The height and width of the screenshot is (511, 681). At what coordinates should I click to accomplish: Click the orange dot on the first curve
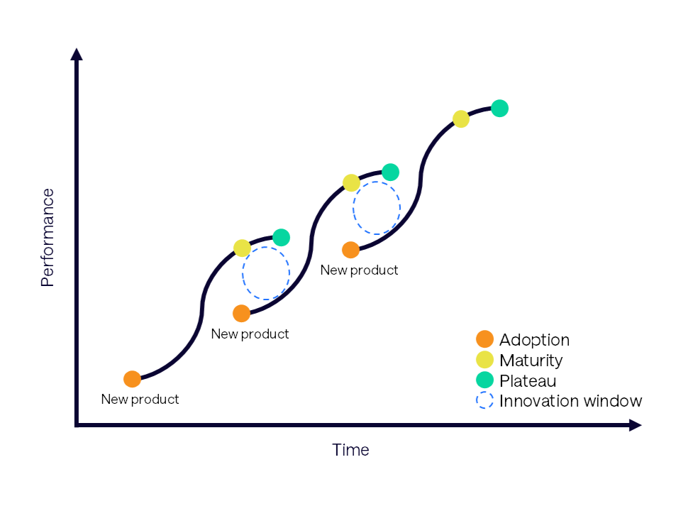coord(132,379)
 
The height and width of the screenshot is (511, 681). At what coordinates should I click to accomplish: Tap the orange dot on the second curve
coord(241,313)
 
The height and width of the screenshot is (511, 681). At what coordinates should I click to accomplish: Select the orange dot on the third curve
coord(350,250)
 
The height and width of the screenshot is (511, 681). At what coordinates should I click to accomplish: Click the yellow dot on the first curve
coord(242,248)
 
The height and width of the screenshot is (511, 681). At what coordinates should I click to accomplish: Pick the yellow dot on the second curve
coord(351,182)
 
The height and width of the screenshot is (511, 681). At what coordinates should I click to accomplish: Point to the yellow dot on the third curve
coord(461,119)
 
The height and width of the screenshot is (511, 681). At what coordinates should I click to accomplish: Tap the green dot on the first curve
coord(281,237)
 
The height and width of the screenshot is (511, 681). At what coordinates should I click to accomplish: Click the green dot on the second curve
coord(390,172)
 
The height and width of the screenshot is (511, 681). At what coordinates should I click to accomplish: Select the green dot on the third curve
coord(499,108)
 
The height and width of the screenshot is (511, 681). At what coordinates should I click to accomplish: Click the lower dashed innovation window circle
coord(243,273)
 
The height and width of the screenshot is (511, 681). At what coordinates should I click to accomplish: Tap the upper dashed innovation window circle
coord(353,208)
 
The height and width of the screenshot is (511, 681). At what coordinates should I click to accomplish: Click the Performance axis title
coord(48,238)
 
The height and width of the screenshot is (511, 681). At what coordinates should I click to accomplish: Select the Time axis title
coord(350,450)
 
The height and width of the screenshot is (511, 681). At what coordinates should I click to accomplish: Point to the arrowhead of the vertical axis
coord(77,54)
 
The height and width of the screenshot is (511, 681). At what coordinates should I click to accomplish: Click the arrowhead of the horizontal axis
coord(635,425)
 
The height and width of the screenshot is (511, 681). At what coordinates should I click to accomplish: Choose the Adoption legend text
coord(534,340)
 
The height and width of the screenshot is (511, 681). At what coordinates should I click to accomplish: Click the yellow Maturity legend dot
coord(485,360)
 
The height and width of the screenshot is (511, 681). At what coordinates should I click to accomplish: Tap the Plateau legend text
coord(528,380)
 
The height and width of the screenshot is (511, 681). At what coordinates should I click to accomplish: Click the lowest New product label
coord(140,400)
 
